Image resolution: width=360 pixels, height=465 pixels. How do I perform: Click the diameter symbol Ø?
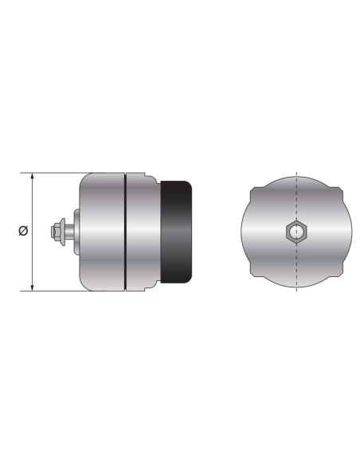point(23,231)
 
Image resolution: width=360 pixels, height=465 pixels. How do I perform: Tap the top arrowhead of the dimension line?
point(33,176)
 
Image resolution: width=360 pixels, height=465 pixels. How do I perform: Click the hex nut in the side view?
point(58,232)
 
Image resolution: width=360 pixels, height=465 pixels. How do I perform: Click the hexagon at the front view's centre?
point(295,232)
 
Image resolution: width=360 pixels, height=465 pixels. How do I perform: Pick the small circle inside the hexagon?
point(295,232)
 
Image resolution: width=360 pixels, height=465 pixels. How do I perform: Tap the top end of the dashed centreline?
point(295,170)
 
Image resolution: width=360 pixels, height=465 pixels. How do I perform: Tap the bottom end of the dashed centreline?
point(295,293)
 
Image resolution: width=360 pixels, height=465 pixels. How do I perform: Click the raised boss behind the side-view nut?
point(76,232)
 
